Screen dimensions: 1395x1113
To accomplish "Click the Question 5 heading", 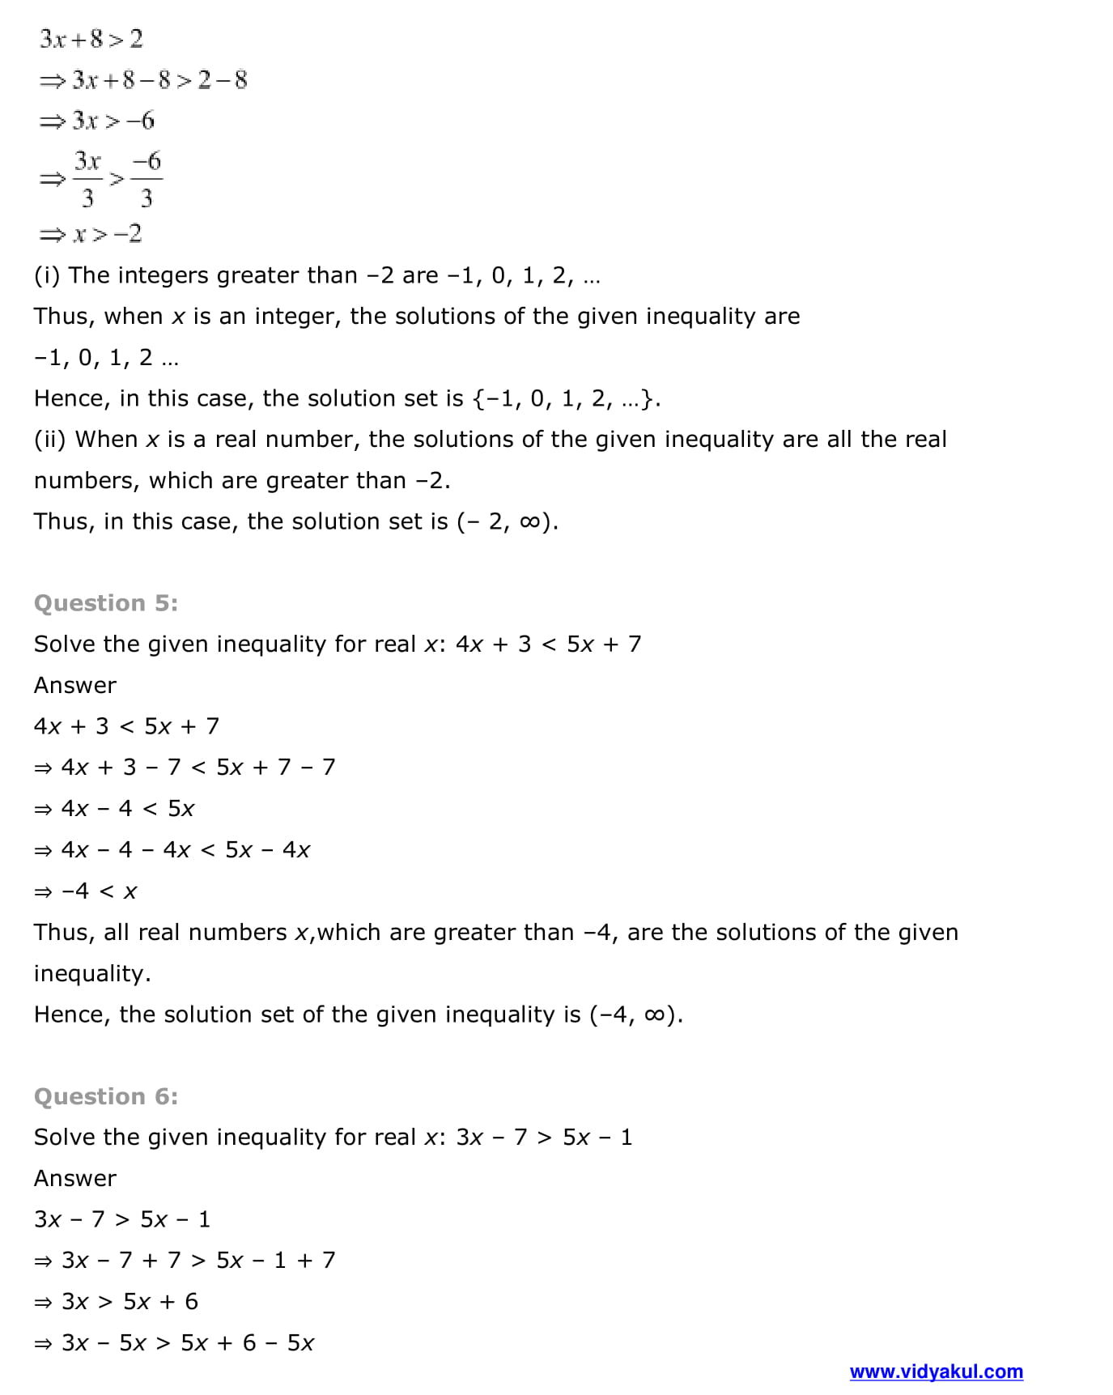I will tap(106, 603).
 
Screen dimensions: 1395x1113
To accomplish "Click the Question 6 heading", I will tap(106, 1096).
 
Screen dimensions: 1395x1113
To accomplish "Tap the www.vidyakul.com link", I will tap(936, 1372).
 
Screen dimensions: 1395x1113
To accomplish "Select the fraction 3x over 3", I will tap(87, 179).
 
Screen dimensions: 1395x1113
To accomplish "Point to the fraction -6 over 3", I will tap(147, 179).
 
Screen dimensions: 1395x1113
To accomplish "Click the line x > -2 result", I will tap(91, 235).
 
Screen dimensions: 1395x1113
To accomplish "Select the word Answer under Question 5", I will tap(75, 686).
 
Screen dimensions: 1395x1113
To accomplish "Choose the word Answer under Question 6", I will tap(75, 1179).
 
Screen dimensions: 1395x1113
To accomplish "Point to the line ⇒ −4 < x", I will tap(86, 891).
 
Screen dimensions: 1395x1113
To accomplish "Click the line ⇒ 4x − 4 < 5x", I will tap(114, 809).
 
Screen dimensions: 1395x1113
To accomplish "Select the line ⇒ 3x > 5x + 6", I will tap(117, 1302).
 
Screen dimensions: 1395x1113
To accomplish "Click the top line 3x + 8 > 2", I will tap(91, 39).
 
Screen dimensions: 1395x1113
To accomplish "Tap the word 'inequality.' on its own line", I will tap(92, 974).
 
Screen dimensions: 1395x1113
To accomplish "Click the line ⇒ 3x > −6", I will tap(97, 121).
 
